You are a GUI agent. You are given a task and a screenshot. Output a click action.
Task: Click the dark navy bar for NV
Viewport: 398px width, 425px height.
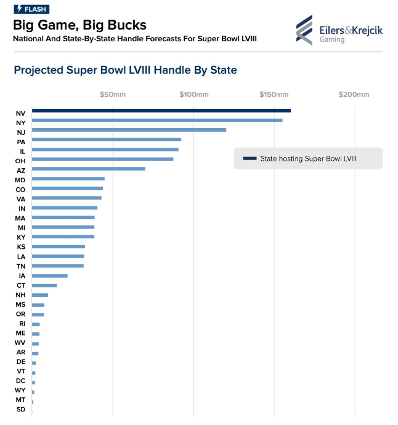161,111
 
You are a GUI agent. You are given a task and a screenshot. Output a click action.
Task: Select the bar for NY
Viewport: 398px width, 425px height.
157,120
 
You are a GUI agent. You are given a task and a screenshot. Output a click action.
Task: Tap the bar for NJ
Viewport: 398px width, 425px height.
129,130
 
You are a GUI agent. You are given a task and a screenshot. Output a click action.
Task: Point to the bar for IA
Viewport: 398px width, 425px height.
49,276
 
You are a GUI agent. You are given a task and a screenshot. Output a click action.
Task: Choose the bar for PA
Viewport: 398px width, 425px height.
106,140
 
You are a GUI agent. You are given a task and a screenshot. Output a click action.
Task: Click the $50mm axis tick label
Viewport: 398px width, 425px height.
113,95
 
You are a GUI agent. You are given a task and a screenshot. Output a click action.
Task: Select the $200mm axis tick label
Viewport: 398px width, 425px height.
354,95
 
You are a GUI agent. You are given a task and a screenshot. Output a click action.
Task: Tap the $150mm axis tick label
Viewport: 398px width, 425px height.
274,95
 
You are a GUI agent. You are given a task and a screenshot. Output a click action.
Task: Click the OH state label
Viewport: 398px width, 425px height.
20,160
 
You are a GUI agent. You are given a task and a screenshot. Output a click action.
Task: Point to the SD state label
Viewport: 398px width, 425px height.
20,410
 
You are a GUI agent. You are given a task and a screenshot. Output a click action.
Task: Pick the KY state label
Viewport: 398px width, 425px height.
20,237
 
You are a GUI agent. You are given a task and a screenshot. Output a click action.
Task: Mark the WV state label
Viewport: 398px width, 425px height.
20,342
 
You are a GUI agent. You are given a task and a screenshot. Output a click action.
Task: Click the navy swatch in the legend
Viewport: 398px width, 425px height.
250,159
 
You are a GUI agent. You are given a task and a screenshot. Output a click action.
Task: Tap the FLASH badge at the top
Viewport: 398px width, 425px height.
31,9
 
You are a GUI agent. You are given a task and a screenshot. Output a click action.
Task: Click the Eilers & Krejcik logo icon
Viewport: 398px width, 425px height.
304,30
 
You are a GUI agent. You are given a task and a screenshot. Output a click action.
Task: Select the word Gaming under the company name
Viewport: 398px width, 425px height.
332,40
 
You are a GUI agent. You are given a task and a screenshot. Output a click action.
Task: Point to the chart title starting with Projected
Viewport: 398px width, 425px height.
125,70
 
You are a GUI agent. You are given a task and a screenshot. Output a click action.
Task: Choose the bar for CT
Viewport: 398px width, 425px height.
44,285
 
